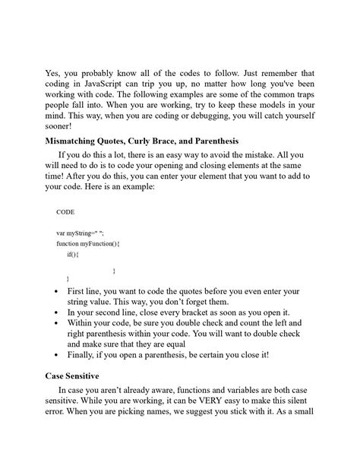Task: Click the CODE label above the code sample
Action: click(x=66, y=212)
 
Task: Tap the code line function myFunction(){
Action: click(x=89, y=244)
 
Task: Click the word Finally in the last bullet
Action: click(x=84, y=355)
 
